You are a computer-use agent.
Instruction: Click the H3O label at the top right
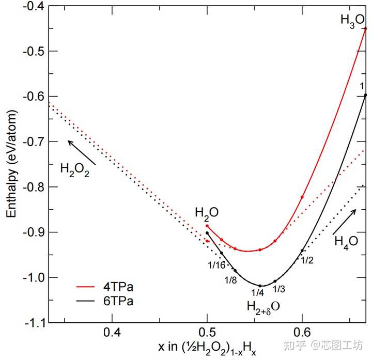pyautogui.click(x=352, y=21)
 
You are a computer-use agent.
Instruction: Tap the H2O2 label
pyautogui.click(x=75, y=170)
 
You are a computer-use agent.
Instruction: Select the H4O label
pyautogui.click(x=346, y=242)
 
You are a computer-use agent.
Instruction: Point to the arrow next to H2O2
pyautogui.click(x=82, y=152)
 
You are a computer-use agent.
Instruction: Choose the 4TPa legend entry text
pyautogui.click(x=118, y=287)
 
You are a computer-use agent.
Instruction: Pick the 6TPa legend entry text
pyautogui.click(x=118, y=301)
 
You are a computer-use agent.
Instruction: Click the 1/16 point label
pyautogui.click(x=216, y=265)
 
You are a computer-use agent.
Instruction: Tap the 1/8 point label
pyautogui.click(x=231, y=280)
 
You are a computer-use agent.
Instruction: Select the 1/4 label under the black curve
pyautogui.click(x=258, y=293)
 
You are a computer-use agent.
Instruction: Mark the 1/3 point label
pyautogui.click(x=279, y=289)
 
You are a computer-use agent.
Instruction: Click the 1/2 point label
pyautogui.click(x=307, y=261)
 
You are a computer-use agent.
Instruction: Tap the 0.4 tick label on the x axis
pyautogui.click(x=112, y=333)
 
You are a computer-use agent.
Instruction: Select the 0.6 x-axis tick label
pyautogui.click(x=302, y=333)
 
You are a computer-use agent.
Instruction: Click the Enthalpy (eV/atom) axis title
pyautogui.click(x=11, y=164)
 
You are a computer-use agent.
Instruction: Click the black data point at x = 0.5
pyautogui.click(x=207, y=233)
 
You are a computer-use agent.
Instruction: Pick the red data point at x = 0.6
pyautogui.click(x=302, y=197)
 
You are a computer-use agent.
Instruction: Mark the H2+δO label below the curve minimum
pyautogui.click(x=263, y=307)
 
